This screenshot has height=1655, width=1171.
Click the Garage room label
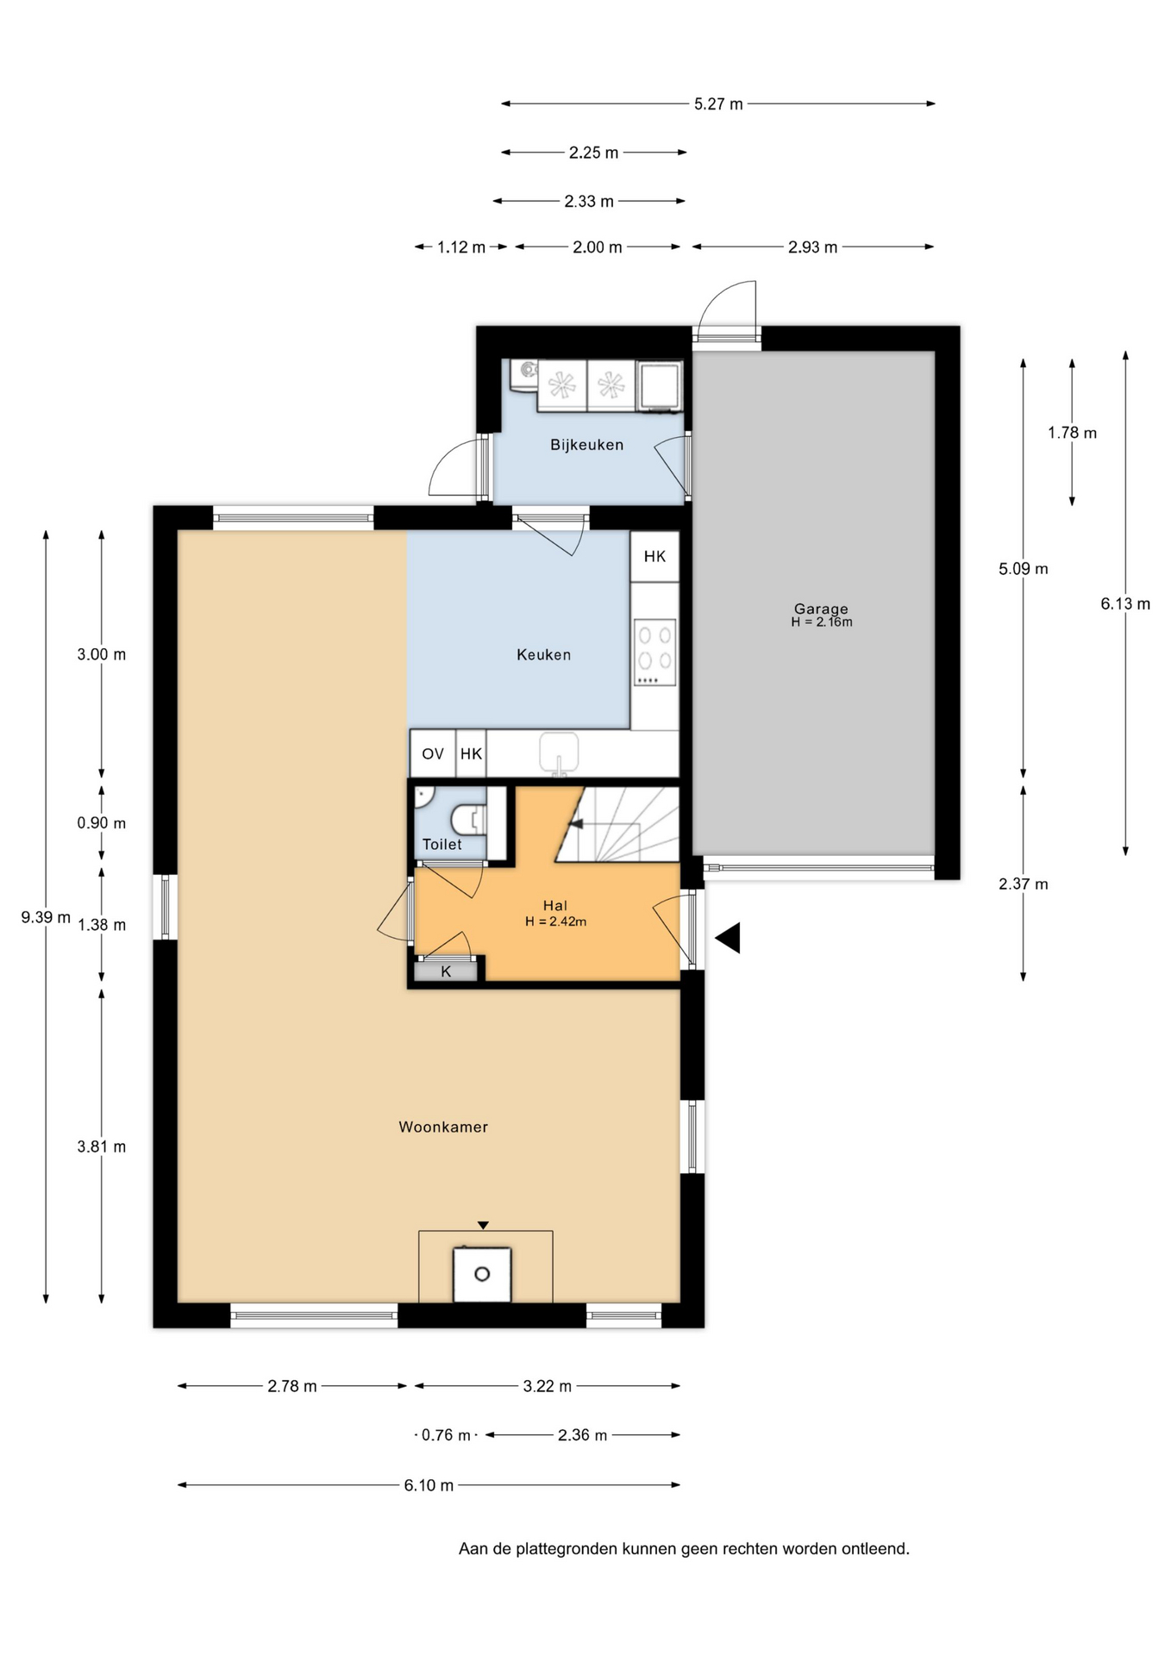click(820, 609)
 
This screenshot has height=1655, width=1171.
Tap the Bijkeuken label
click(586, 445)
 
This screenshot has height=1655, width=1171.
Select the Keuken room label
click(543, 655)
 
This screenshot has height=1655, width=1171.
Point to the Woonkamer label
click(443, 1127)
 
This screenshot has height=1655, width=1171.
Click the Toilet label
click(441, 845)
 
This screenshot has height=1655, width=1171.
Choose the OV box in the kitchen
click(432, 754)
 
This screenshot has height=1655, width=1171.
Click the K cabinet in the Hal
click(446, 971)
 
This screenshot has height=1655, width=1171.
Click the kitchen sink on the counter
click(558, 752)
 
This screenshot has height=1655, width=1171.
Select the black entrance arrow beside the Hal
click(729, 938)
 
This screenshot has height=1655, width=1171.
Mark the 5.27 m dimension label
click(718, 104)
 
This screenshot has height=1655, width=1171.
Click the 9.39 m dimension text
click(46, 917)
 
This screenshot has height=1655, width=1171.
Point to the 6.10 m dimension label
click(429, 1485)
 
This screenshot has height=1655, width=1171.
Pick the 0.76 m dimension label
click(446, 1435)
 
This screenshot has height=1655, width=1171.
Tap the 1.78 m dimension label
click(1072, 433)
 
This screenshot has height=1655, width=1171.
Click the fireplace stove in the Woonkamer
click(482, 1274)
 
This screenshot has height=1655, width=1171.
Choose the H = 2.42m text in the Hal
click(555, 921)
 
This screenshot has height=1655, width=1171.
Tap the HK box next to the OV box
click(471, 754)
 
